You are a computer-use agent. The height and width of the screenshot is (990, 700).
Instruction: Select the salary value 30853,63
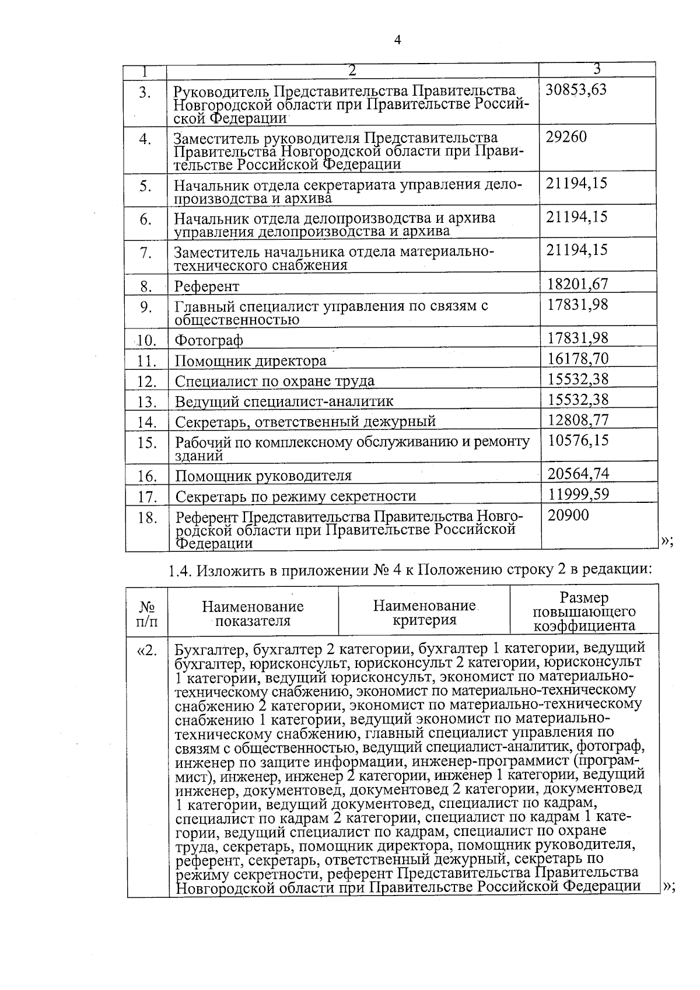click(576, 89)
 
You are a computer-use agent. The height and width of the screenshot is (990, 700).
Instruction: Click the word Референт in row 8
click(207, 286)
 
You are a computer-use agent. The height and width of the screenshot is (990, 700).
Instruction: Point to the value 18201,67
click(577, 284)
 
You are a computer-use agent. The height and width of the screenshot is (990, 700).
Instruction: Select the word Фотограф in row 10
click(209, 340)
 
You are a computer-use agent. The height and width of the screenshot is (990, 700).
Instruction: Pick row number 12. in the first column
click(147, 382)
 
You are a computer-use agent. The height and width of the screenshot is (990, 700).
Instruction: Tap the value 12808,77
click(578, 419)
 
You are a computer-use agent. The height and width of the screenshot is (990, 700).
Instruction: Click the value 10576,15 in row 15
click(578, 440)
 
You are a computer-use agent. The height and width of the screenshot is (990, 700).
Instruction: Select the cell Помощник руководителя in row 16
click(264, 476)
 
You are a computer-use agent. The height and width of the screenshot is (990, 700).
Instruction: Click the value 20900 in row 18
click(568, 515)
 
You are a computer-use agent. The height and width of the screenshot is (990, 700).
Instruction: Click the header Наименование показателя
click(253, 614)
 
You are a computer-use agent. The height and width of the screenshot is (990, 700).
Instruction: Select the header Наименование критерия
click(424, 613)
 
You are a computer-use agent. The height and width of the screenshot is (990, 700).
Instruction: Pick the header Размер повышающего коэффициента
click(584, 612)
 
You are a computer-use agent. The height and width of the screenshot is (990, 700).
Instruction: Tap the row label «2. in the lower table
click(147, 650)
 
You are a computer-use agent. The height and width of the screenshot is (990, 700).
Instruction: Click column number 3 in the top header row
click(597, 69)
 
